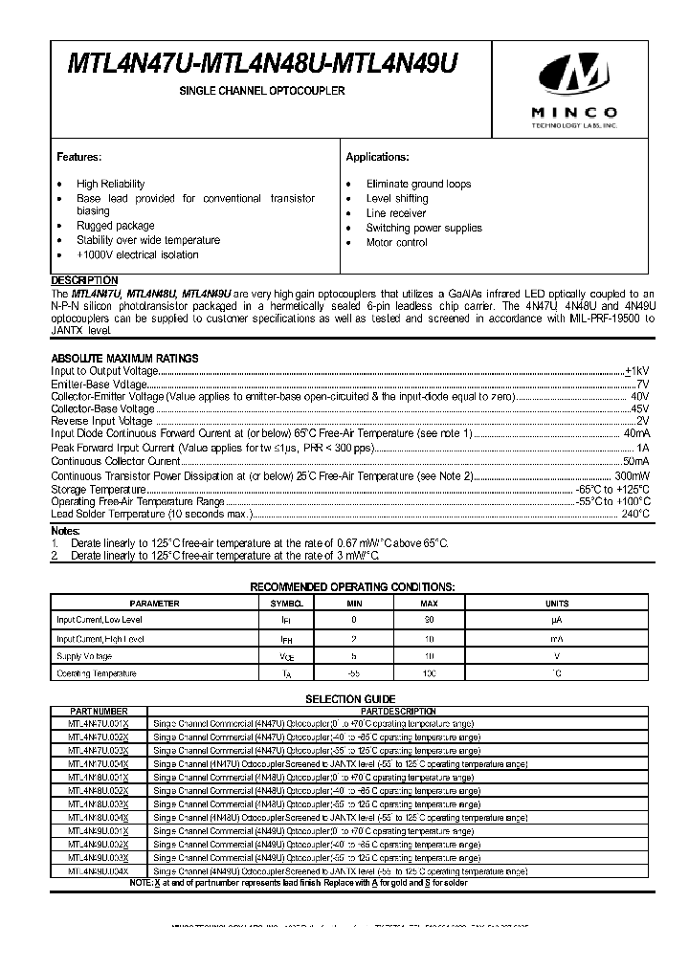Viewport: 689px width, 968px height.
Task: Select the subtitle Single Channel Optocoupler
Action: (x=263, y=91)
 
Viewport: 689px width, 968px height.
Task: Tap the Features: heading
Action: (x=78, y=157)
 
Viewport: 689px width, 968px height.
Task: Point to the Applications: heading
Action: (x=377, y=157)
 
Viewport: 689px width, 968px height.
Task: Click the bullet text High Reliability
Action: (x=111, y=184)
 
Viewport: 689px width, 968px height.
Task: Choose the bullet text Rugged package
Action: (x=109, y=226)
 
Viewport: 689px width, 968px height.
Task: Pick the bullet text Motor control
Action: (x=397, y=243)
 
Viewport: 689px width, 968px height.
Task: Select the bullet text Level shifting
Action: (x=396, y=198)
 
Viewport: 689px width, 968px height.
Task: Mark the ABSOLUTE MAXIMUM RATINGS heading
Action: (x=124, y=358)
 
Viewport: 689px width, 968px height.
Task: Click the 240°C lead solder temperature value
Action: (x=635, y=514)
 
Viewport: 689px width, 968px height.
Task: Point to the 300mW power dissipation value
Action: (x=632, y=474)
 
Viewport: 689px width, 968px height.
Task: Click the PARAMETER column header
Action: (x=154, y=604)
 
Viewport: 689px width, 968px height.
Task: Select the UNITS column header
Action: (x=556, y=604)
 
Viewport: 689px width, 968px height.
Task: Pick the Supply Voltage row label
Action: (x=84, y=656)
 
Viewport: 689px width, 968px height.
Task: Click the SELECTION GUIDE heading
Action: (x=349, y=699)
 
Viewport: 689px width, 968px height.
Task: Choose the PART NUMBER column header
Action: (x=99, y=712)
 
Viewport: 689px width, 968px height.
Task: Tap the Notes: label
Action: (x=66, y=530)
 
